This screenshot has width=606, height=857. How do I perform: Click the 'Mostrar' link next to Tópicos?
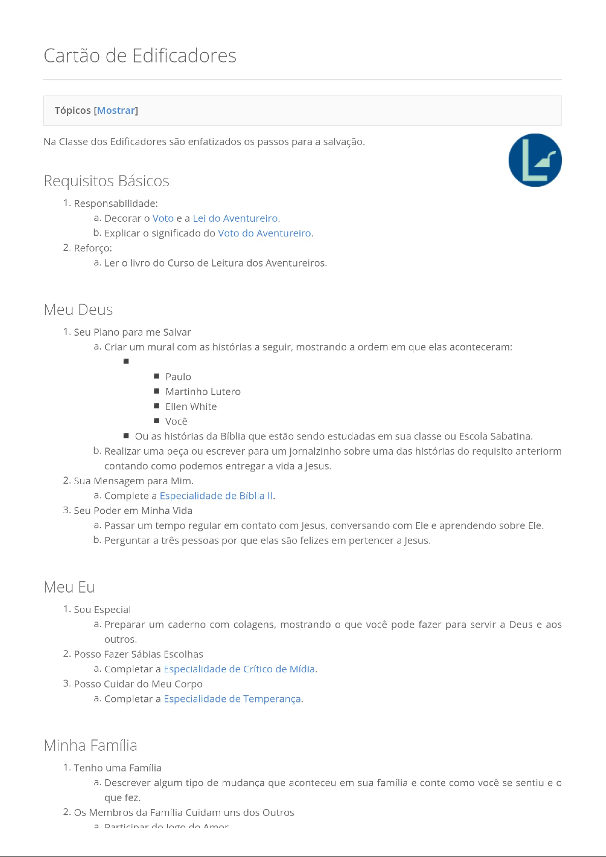pos(116,110)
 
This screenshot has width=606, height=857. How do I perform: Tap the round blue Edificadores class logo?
pos(535,160)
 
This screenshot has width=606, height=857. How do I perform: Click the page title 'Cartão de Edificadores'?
pos(140,55)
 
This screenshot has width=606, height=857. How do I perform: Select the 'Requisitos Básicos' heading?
pos(106,181)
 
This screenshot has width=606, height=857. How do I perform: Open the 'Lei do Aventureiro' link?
pos(235,218)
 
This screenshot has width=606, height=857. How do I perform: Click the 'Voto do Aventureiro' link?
pos(265,233)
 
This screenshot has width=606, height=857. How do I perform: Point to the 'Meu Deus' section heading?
pos(78,310)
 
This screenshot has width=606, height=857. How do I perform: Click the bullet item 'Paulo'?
pos(178,377)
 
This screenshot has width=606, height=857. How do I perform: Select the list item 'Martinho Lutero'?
pos(203,392)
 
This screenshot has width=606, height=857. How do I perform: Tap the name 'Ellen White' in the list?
pos(191,406)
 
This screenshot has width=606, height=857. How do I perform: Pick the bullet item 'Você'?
pos(176,421)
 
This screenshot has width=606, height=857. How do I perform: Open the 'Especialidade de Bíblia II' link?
pos(216,496)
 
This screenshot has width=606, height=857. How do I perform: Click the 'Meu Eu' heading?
pos(69,587)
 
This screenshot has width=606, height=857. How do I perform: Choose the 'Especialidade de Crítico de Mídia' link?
pos(239,669)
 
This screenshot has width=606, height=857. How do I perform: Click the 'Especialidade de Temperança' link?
pos(232,699)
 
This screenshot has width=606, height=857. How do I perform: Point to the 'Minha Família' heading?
pos(90,746)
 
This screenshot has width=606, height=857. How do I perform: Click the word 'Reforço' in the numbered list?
pos(93,248)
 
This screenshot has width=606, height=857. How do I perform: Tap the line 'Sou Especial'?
pos(102,610)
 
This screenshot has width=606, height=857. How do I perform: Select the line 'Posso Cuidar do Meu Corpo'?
pos(138,684)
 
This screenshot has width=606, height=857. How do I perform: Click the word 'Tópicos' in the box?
pos(73,110)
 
